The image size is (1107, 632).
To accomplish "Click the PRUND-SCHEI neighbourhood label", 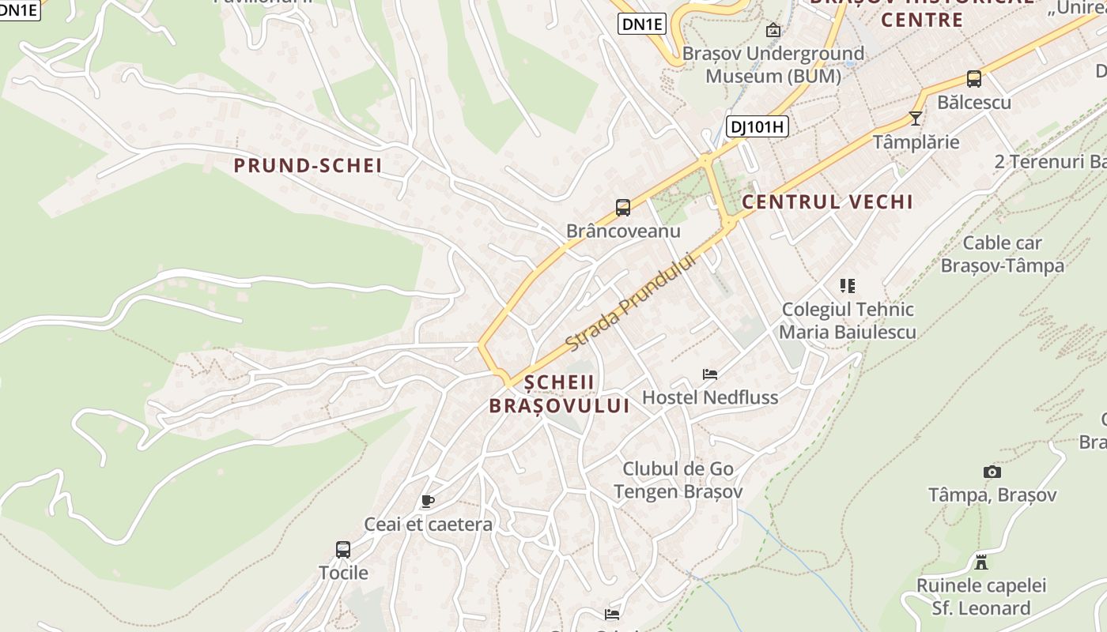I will [308, 166].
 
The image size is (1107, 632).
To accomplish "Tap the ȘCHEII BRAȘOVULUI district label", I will [559, 394].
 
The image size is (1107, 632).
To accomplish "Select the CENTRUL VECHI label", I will [827, 202].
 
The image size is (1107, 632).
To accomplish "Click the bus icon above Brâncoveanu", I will [623, 208].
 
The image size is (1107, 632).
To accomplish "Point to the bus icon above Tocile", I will [342, 550].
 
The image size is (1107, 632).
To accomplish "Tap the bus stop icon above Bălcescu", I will [973, 79].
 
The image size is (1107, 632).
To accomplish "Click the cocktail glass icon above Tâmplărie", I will [915, 118].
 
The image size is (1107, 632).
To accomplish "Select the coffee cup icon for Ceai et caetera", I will [428, 501].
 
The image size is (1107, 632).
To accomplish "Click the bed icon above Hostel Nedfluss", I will [709, 374].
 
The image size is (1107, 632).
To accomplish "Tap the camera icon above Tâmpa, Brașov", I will [992, 472].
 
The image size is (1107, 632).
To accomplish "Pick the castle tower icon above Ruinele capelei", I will [981, 562].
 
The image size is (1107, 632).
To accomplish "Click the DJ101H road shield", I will [757, 126].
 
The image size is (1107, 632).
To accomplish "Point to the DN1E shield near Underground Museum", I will [641, 24].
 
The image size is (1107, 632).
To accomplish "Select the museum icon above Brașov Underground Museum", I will [773, 31].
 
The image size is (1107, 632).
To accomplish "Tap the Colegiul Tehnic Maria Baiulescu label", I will [847, 321].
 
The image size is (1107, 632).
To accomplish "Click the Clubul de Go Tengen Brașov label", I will [678, 480].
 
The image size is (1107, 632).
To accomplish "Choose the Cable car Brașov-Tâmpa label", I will [1002, 254].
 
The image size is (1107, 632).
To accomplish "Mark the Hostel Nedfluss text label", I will [710, 397].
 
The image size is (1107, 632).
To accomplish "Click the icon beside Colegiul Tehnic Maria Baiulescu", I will [847, 286].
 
